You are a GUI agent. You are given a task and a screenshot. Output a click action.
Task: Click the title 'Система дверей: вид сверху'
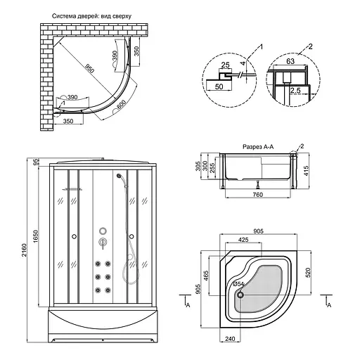91,16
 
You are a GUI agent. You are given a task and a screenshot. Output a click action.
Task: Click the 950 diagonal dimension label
89,67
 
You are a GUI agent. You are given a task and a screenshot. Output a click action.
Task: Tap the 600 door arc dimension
121,104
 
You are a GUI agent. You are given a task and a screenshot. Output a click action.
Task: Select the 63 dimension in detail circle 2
290,61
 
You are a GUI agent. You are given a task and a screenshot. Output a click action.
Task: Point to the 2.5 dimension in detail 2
295,90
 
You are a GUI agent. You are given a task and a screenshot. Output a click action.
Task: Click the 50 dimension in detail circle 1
219,86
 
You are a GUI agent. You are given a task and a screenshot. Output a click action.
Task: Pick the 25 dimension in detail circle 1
225,65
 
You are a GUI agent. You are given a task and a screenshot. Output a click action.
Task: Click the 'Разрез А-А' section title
258,147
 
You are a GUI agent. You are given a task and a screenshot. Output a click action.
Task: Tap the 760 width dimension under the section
258,195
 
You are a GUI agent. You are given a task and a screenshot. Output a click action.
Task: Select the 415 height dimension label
306,171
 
